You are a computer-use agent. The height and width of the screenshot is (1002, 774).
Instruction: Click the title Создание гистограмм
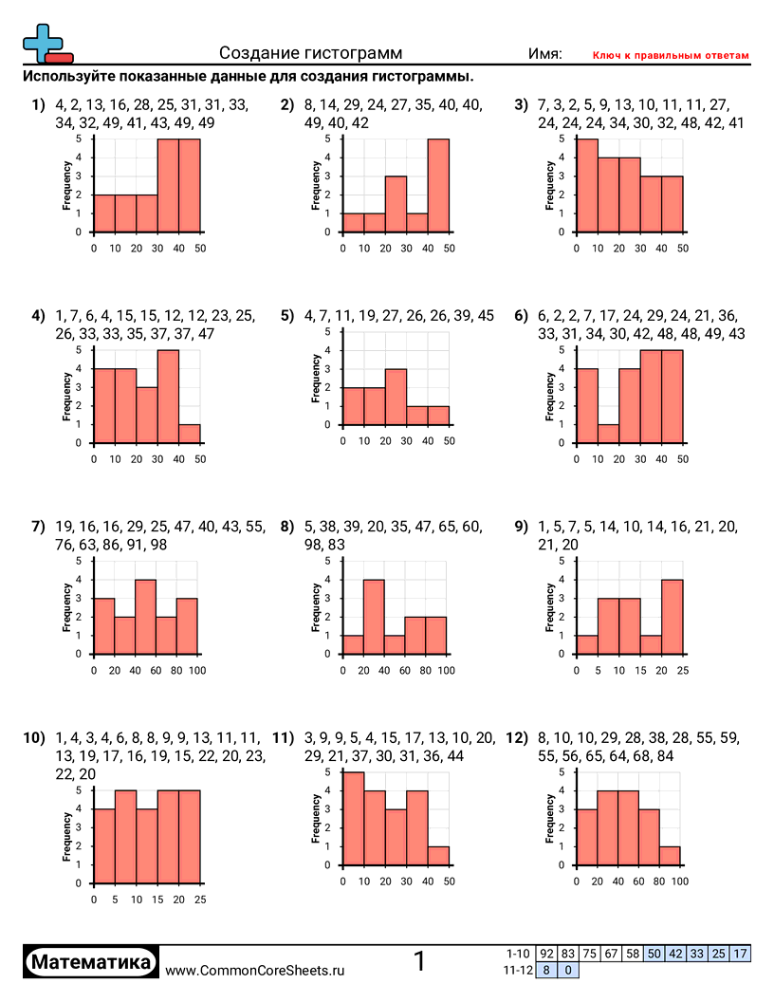pos(310,54)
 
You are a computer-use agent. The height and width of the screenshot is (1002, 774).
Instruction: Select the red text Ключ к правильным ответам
pos(670,56)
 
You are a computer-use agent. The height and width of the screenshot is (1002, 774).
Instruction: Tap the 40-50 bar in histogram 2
pos(438,186)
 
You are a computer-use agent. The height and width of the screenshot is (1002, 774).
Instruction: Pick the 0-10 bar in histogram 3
pos(587,186)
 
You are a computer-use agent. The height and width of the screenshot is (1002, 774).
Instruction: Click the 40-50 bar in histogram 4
pos(190,434)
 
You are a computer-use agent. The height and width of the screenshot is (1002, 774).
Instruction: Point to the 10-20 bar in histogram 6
pos(608,434)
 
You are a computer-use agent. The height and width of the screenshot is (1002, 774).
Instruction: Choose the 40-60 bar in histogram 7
pos(145,617)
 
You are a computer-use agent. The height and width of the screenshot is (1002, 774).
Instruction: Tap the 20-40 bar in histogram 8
pos(374,617)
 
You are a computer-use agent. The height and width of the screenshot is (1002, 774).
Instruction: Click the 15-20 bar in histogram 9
pos(651,644)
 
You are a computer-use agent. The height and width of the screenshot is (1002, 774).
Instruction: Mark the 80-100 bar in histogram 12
pos(670,856)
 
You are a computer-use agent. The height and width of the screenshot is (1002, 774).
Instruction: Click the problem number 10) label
pos(32,738)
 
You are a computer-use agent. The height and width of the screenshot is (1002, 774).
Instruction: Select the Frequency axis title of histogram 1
pos(66,186)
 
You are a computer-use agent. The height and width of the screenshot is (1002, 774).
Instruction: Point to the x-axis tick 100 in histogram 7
pos(198,671)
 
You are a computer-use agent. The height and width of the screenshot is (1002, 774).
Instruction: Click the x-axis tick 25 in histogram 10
pos(200,899)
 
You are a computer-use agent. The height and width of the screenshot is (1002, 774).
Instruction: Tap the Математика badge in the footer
pos(92,962)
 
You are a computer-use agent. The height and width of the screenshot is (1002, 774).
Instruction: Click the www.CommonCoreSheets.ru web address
pos(255,970)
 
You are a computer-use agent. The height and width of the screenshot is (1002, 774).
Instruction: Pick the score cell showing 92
pos(546,953)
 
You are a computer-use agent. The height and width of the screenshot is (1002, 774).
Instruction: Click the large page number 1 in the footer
pos(420,961)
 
